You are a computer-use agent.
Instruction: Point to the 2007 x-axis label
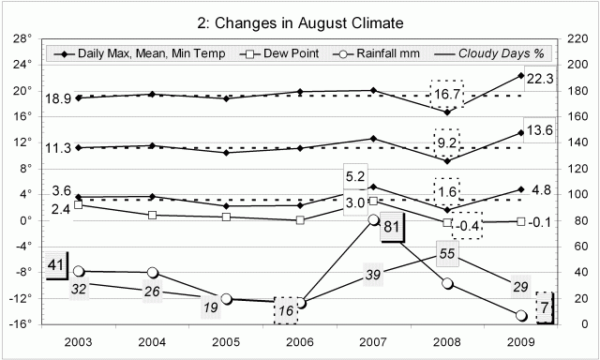pos(373,343)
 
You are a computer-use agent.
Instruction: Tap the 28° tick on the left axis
pos(24,39)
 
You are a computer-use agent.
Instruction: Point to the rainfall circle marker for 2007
pos(373,219)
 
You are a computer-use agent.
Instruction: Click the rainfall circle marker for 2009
pos(520,316)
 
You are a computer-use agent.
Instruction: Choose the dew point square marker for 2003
pos(79,203)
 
